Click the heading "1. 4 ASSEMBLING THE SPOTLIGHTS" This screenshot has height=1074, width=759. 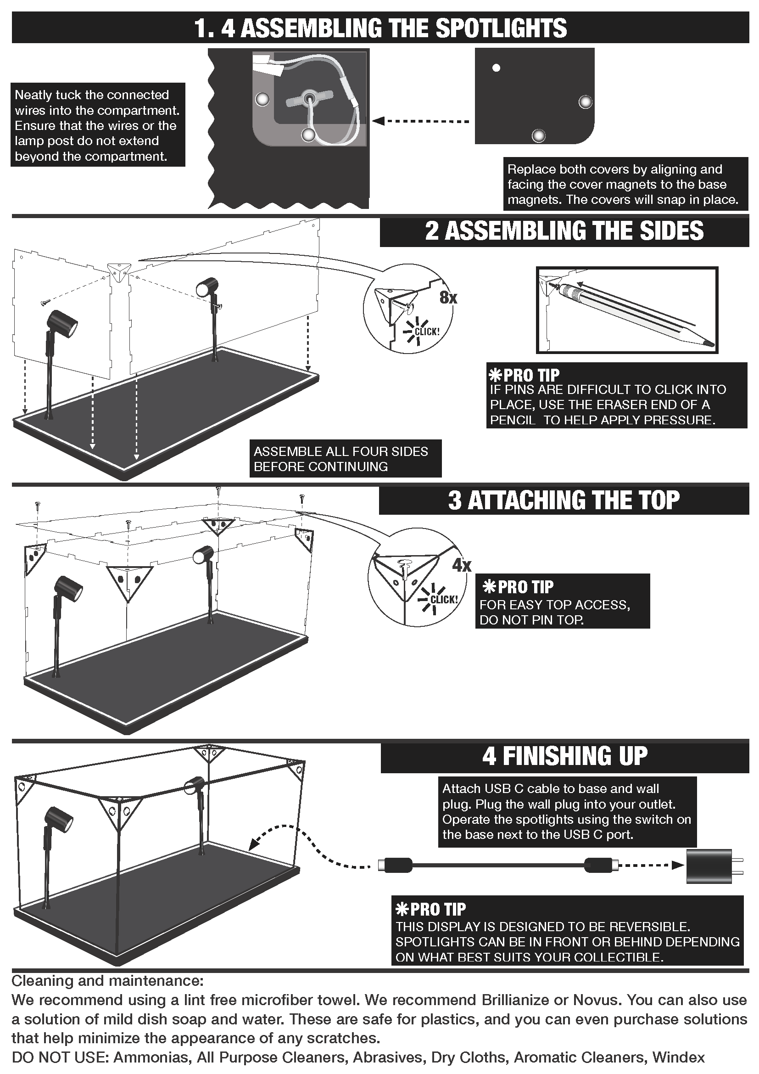point(380,28)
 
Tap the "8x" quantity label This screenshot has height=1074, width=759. point(448,298)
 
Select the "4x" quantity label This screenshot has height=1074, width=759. point(462,566)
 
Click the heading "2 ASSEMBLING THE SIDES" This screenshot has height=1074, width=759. point(564,231)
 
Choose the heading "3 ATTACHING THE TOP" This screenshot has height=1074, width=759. point(564,500)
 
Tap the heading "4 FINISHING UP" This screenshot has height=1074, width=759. point(565,756)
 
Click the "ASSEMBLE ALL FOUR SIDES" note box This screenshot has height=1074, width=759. point(346,458)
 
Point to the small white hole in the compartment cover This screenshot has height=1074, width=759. point(497,68)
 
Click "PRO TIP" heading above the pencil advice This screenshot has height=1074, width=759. point(524,375)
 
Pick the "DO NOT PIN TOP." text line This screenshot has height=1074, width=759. point(532,620)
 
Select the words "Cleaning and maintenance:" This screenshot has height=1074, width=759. point(107,980)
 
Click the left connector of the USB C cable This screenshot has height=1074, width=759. point(396,865)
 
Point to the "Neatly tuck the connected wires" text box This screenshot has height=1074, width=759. point(98,125)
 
